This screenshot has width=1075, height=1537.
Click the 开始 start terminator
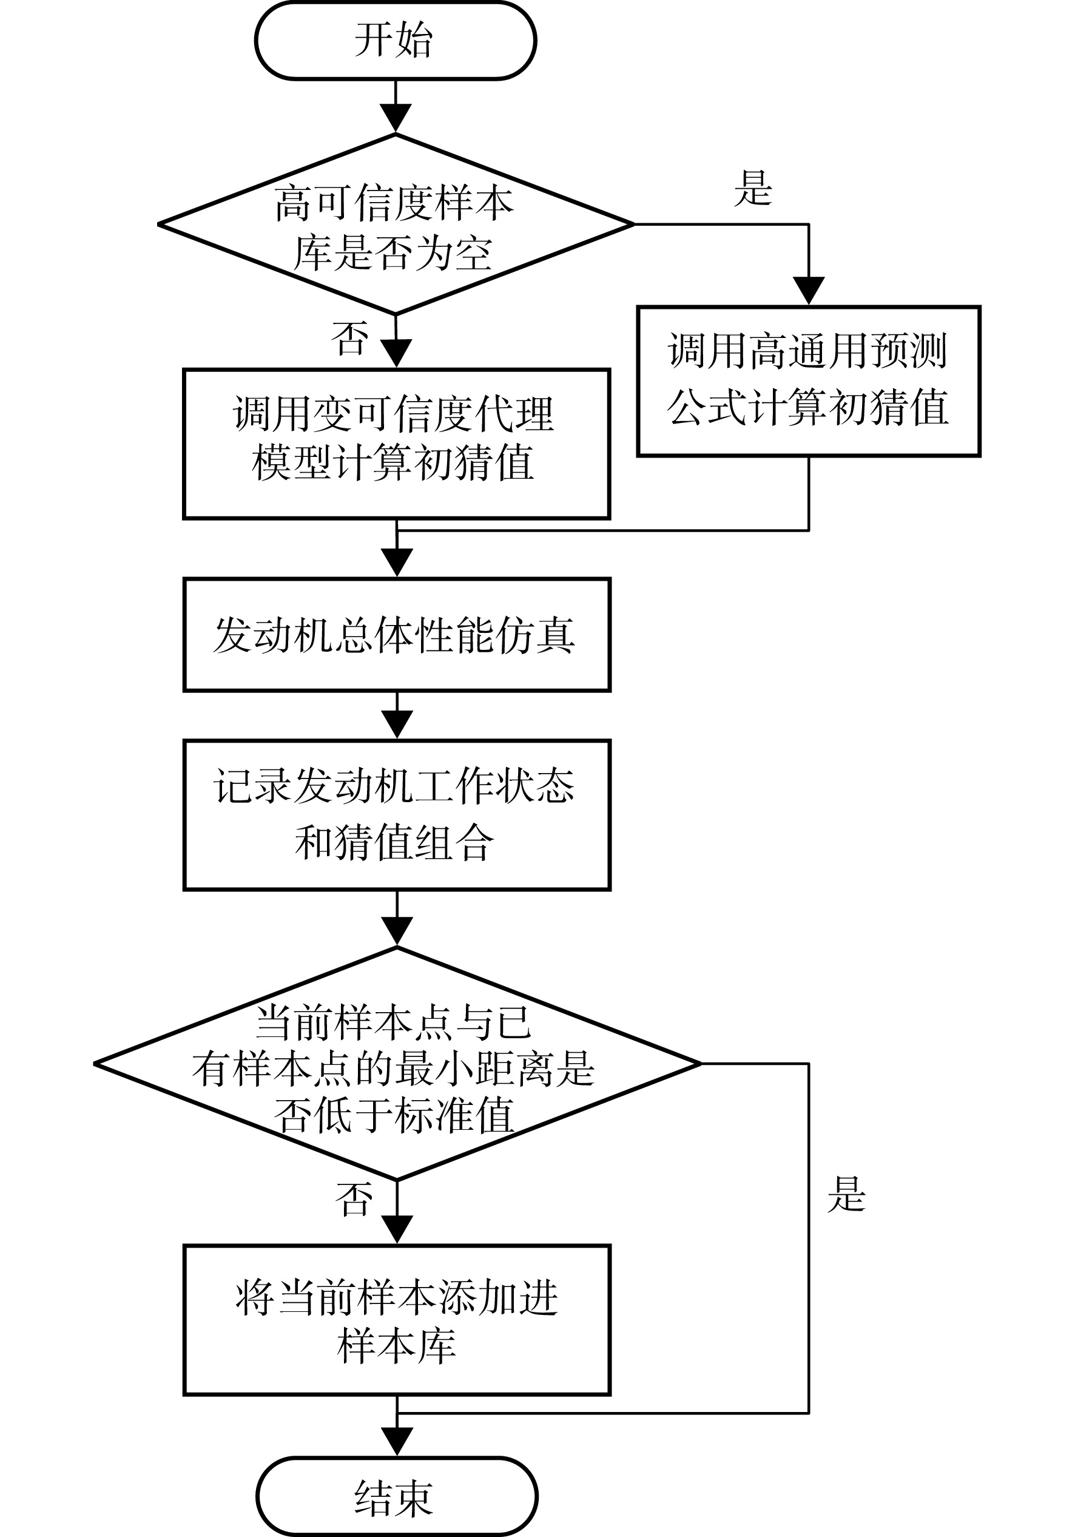[396, 40]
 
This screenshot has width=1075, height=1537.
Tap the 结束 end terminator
[397, 1498]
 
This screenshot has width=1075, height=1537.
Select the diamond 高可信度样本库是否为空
[396, 225]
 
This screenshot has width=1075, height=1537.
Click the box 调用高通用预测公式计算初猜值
[809, 381]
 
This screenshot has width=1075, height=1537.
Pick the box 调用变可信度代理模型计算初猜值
[397, 444]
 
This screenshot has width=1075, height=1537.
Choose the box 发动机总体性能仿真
[397, 635]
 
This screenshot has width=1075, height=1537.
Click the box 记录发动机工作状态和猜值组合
[397, 815]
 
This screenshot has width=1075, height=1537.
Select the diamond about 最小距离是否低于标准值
[397, 1063]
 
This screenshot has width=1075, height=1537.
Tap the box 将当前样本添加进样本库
[397, 1320]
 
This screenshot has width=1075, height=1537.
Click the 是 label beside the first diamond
[753, 188]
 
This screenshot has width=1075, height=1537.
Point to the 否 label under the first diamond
[349, 338]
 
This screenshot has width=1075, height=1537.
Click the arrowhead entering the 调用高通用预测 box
[809, 291]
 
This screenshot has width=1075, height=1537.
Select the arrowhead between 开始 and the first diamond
[396, 118]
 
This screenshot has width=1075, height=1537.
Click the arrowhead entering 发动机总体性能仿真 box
[397, 563]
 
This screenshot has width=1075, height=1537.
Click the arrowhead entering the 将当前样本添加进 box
[397, 1230]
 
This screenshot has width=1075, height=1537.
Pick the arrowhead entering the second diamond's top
[397, 932]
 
